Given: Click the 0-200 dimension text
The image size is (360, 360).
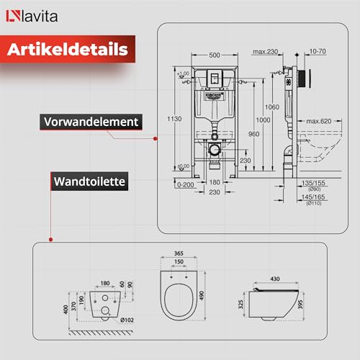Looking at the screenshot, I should [x=186, y=185].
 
